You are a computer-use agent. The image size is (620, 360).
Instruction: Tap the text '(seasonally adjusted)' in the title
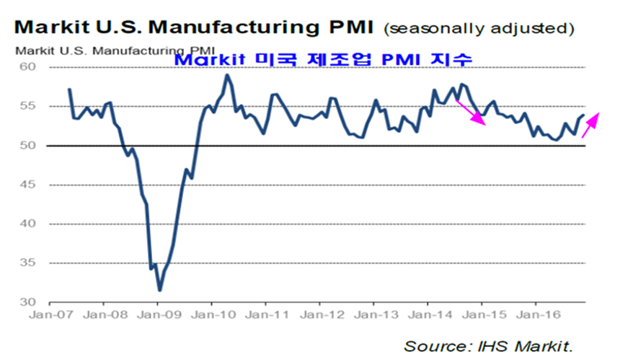[479, 29]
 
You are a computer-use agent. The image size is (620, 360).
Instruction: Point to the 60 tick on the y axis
[36, 67]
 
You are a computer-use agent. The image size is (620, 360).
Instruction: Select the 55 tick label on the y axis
[36, 106]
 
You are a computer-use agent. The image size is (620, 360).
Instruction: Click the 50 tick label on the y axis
[36, 146]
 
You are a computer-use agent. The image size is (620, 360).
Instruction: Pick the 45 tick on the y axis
[36, 185]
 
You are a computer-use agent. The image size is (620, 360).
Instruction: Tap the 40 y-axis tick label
[36, 224]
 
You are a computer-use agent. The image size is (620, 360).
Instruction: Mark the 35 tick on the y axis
[36, 263]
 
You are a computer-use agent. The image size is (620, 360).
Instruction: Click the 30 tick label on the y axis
[36, 302]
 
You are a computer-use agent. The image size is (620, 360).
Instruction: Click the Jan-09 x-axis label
[158, 315]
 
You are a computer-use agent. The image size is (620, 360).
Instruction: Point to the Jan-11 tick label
[266, 315]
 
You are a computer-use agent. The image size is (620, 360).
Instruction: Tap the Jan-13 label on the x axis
[374, 315]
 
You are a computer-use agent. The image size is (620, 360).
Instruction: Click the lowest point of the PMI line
[159, 290]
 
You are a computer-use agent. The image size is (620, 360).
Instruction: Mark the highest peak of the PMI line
[227, 75]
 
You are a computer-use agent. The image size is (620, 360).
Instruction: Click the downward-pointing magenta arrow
[471, 111]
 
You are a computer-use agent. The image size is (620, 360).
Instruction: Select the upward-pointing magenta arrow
[590, 124]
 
